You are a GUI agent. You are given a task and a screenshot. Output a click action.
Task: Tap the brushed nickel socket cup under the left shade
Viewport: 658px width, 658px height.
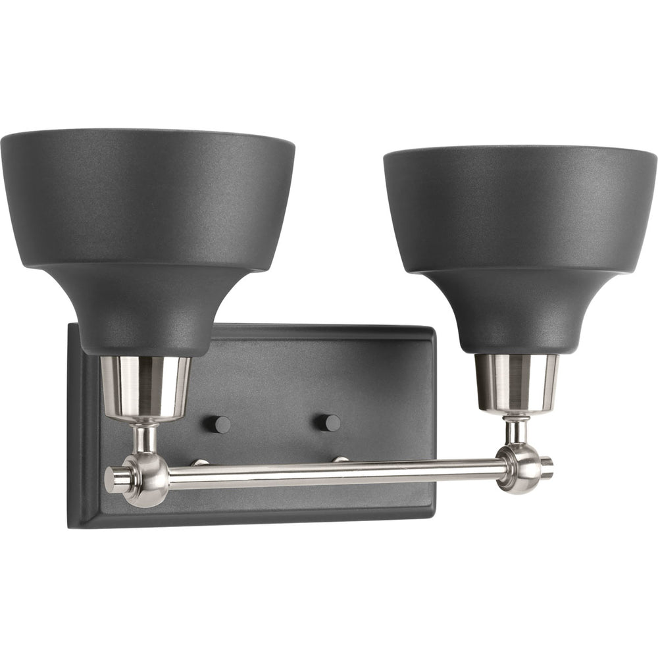(x=146, y=388)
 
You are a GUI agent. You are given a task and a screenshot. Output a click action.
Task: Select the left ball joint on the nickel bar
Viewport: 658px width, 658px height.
(x=147, y=476)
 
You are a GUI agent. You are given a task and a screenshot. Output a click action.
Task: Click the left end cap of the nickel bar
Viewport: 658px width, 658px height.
(x=113, y=478)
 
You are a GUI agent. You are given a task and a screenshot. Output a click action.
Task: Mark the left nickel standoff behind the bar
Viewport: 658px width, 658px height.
(x=199, y=463)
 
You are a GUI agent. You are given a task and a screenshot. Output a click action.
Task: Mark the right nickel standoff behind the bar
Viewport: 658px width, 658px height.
(x=341, y=459)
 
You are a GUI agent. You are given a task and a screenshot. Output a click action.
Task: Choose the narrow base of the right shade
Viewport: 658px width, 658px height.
(x=517, y=332)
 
